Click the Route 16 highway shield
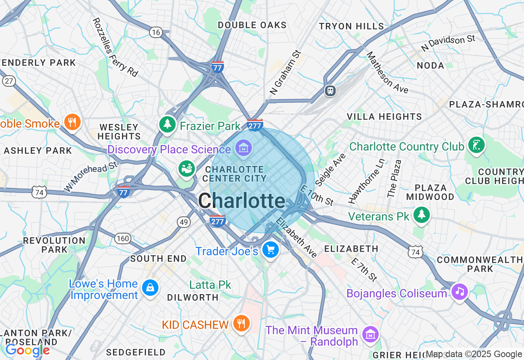[x=156, y=32]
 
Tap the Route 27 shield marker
[x=9, y=81]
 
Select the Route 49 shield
[x=184, y=222]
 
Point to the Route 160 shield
[x=122, y=238]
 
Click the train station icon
[x=330, y=90]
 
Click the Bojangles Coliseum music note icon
[x=460, y=292]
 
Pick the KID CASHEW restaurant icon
[x=241, y=324]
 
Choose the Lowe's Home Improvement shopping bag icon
[x=150, y=288]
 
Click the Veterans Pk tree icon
[x=421, y=215]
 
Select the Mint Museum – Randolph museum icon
[x=370, y=334]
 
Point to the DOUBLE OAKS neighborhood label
[x=252, y=25]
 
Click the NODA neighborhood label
[x=430, y=65]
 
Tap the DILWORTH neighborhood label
[x=193, y=297]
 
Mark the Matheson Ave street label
[x=387, y=72]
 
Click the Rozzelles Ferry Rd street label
[x=115, y=47]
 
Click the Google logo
[x=27, y=350]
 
